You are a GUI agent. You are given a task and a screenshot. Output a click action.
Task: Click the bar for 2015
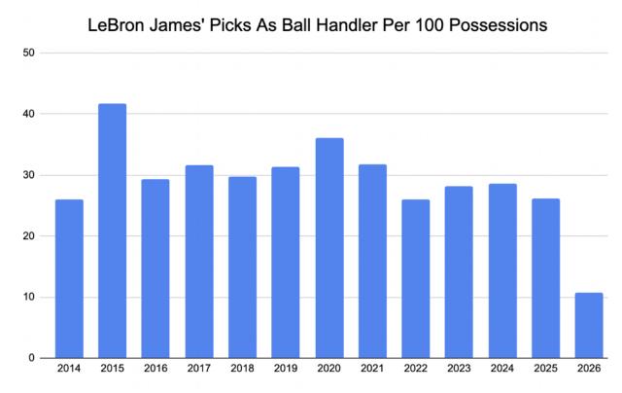[112, 231]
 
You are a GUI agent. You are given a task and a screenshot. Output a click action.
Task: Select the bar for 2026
[589, 325]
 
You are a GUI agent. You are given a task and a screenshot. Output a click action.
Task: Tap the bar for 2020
[329, 248]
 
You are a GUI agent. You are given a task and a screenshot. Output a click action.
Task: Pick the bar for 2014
[69, 278]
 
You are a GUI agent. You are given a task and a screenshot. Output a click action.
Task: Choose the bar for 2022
[416, 278]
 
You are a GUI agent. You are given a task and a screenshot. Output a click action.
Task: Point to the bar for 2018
[243, 267]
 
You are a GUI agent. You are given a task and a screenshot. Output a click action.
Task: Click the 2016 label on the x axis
[155, 371]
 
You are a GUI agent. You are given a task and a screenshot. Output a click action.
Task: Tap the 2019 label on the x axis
[286, 371]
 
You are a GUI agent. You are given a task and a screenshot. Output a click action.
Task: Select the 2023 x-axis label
[459, 371]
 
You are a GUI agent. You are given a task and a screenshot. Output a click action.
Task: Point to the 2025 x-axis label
[545, 371]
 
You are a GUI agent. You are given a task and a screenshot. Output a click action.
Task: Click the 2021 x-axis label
[372, 371]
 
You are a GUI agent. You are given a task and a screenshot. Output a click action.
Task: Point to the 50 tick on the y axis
[29, 53]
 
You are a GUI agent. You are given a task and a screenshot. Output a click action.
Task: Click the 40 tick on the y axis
[29, 114]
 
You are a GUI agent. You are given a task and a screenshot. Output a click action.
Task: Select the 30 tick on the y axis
[29, 175]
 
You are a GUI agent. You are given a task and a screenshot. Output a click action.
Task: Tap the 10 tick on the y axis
[29, 297]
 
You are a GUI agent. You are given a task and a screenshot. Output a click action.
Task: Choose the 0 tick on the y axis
[32, 358]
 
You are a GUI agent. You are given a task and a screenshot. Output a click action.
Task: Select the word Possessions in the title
[497, 22]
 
